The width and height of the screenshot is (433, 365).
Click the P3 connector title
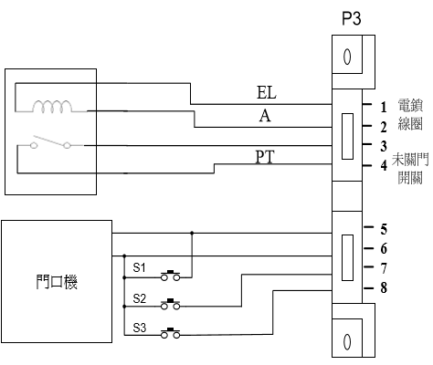pyautogui.click(x=352, y=18)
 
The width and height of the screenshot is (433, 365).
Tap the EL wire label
pyautogui.click(x=267, y=93)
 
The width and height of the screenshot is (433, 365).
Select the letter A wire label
pyautogui.click(x=265, y=116)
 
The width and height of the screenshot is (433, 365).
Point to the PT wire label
pyautogui.click(x=265, y=157)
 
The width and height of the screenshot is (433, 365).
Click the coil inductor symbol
pyautogui.click(x=52, y=107)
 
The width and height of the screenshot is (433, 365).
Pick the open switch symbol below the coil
pyautogui.click(x=50, y=142)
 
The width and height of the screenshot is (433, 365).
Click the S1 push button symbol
pyautogui.click(x=170, y=276)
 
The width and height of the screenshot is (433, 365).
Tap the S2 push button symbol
pyautogui.click(x=170, y=304)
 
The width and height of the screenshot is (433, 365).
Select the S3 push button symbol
pyautogui.click(x=170, y=333)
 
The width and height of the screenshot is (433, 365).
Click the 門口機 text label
pyautogui.click(x=57, y=282)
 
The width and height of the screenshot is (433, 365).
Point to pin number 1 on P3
pyautogui.click(x=384, y=107)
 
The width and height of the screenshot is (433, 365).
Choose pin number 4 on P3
pyautogui.click(x=384, y=165)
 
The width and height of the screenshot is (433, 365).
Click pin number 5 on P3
pyautogui.click(x=384, y=229)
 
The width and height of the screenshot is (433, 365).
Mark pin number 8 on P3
pyautogui.click(x=384, y=287)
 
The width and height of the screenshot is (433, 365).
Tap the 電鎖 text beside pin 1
pyautogui.click(x=410, y=105)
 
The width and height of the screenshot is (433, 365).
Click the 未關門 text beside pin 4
pyautogui.click(x=410, y=160)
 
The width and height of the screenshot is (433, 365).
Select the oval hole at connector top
pyautogui.click(x=347, y=57)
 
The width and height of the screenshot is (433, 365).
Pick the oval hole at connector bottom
pyautogui.click(x=347, y=341)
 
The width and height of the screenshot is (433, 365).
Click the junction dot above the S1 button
pyautogui.click(x=192, y=233)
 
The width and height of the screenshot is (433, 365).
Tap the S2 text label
pyautogui.click(x=139, y=298)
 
